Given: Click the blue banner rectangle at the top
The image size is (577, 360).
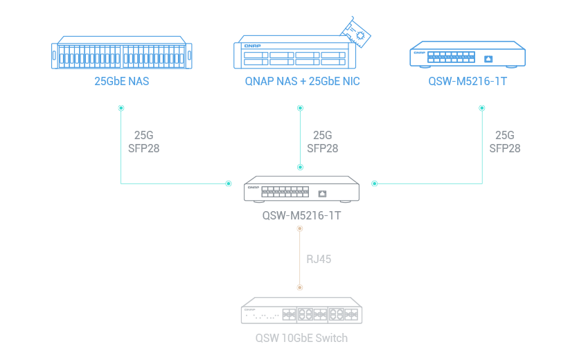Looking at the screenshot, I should [x=288, y=51].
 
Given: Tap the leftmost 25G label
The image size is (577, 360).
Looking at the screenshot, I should [x=143, y=136].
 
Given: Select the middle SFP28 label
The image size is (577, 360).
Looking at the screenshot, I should [x=322, y=148].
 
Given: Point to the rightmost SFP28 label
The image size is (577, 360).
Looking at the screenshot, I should [x=504, y=148].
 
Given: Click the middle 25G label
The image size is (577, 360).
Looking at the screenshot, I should [x=322, y=136].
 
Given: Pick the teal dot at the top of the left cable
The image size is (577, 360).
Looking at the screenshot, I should [x=121, y=108].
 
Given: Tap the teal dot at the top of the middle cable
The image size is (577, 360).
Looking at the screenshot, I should [x=300, y=108].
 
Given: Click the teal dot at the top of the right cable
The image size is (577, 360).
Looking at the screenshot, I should [x=482, y=108].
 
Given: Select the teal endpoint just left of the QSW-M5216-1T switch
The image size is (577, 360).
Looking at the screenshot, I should [x=228, y=184].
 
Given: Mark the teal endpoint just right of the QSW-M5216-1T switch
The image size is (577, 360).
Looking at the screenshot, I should [x=375, y=184].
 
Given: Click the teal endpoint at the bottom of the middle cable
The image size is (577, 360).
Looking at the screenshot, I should [x=300, y=167].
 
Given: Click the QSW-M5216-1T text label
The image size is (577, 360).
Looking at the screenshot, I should [x=301, y=215].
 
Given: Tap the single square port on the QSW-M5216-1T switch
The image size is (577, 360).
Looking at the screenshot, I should [x=322, y=193].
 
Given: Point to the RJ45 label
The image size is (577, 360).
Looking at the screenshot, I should [x=319, y=260].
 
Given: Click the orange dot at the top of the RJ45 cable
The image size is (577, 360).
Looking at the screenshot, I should [x=299, y=228].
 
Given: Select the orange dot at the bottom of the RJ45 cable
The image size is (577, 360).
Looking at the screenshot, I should [x=299, y=287].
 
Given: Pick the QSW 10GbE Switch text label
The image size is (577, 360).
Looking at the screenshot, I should [x=301, y=338].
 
